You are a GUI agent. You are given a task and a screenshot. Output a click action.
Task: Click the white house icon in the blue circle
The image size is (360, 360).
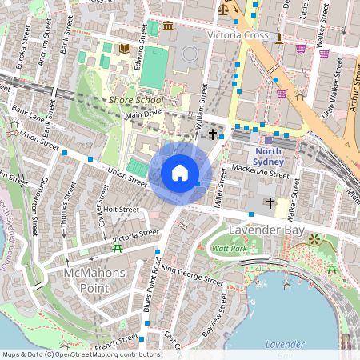point(180,173)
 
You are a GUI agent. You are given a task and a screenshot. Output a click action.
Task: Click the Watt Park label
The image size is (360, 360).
point(229,249)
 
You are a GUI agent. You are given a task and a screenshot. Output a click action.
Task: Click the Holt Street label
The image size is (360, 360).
point(122,210)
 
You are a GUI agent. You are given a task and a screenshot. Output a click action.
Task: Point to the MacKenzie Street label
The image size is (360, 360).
point(258,170)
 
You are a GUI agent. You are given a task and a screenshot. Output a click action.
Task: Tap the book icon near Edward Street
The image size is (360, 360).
point(124,49)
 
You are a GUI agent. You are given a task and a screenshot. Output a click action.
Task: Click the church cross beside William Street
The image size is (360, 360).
point(213,134)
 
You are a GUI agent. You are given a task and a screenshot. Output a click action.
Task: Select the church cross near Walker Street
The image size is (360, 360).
point(270,203)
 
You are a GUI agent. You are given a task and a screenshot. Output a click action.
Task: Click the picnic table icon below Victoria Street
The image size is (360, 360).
point(118,249)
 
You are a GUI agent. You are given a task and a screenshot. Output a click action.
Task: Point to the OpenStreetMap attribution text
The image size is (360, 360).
point(70,354)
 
